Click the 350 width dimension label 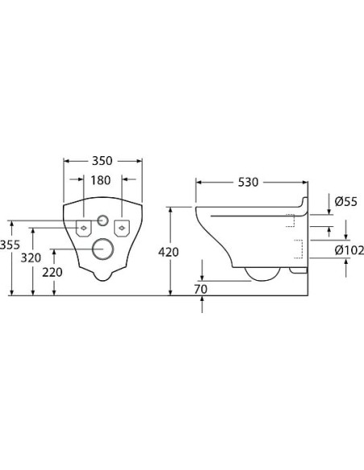click(x=103, y=160)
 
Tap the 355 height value click(x=10, y=245)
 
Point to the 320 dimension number click(x=31, y=258)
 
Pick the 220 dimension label click(x=52, y=272)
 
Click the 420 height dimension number click(x=168, y=252)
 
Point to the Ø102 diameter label click(x=349, y=250)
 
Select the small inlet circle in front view click(x=102, y=221)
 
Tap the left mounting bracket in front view click(x=83, y=228)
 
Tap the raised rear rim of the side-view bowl click(x=304, y=201)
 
